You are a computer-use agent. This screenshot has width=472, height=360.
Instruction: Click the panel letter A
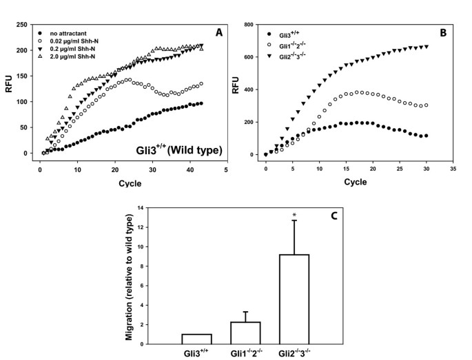(x=219, y=32)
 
